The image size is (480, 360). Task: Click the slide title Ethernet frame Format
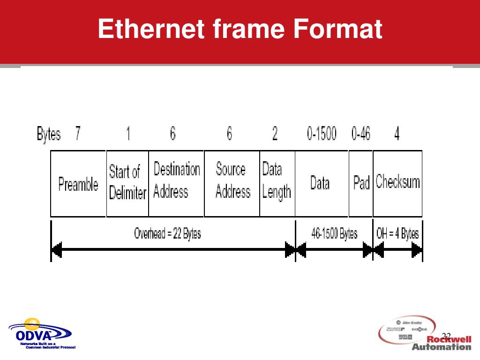[x=240, y=29]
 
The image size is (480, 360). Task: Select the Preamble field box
[x=78, y=184]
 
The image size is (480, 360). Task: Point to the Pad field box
[x=361, y=183]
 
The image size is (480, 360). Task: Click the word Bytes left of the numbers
[x=49, y=135]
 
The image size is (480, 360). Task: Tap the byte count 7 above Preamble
[x=77, y=135]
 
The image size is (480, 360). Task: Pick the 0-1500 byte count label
[x=322, y=135]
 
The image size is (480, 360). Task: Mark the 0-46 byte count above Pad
[x=360, y=135]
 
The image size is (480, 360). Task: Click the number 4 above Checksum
[x=397, y=135]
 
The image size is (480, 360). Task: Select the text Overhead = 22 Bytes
[x=167, y=233]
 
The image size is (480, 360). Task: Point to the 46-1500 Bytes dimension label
[x=334, y=233]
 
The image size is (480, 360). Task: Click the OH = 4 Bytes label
[x=397, y=233]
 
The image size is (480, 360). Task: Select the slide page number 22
[x=446, y=336]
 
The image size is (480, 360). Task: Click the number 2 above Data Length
[x=275, y=135]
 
